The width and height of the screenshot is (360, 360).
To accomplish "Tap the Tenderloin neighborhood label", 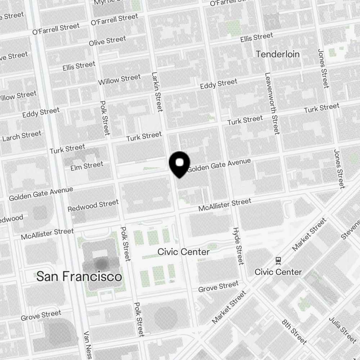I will tap(278, 54).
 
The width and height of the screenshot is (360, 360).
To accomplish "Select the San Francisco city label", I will tap(79, 276).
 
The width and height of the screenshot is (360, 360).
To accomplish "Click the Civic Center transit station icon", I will tap(278, 260).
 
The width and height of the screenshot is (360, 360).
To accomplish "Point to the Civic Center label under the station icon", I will tap(278, 272).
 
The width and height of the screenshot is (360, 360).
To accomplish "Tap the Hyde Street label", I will tap(238, 246).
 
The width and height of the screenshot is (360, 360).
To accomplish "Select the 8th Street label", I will tap(294, 332).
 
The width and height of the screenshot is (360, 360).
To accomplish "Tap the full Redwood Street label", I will tap(93, 206).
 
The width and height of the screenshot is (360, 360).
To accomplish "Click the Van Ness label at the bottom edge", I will tap(87, 346).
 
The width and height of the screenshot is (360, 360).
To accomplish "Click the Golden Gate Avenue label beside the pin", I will tap(219, 165).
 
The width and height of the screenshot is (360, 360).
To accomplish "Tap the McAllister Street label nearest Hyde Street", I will tap(225, 205).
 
